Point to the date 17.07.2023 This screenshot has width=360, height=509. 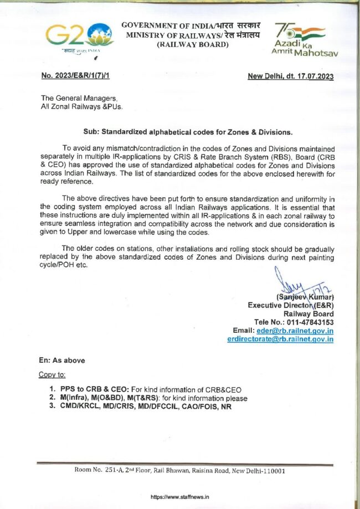(x=313, y=76)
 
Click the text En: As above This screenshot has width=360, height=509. (x=61, y=360)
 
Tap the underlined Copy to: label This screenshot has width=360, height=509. (x=53, y=374)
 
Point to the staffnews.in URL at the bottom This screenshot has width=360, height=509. (x=180, y=497)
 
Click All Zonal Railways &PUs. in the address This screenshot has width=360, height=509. (x=81, y=106)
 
